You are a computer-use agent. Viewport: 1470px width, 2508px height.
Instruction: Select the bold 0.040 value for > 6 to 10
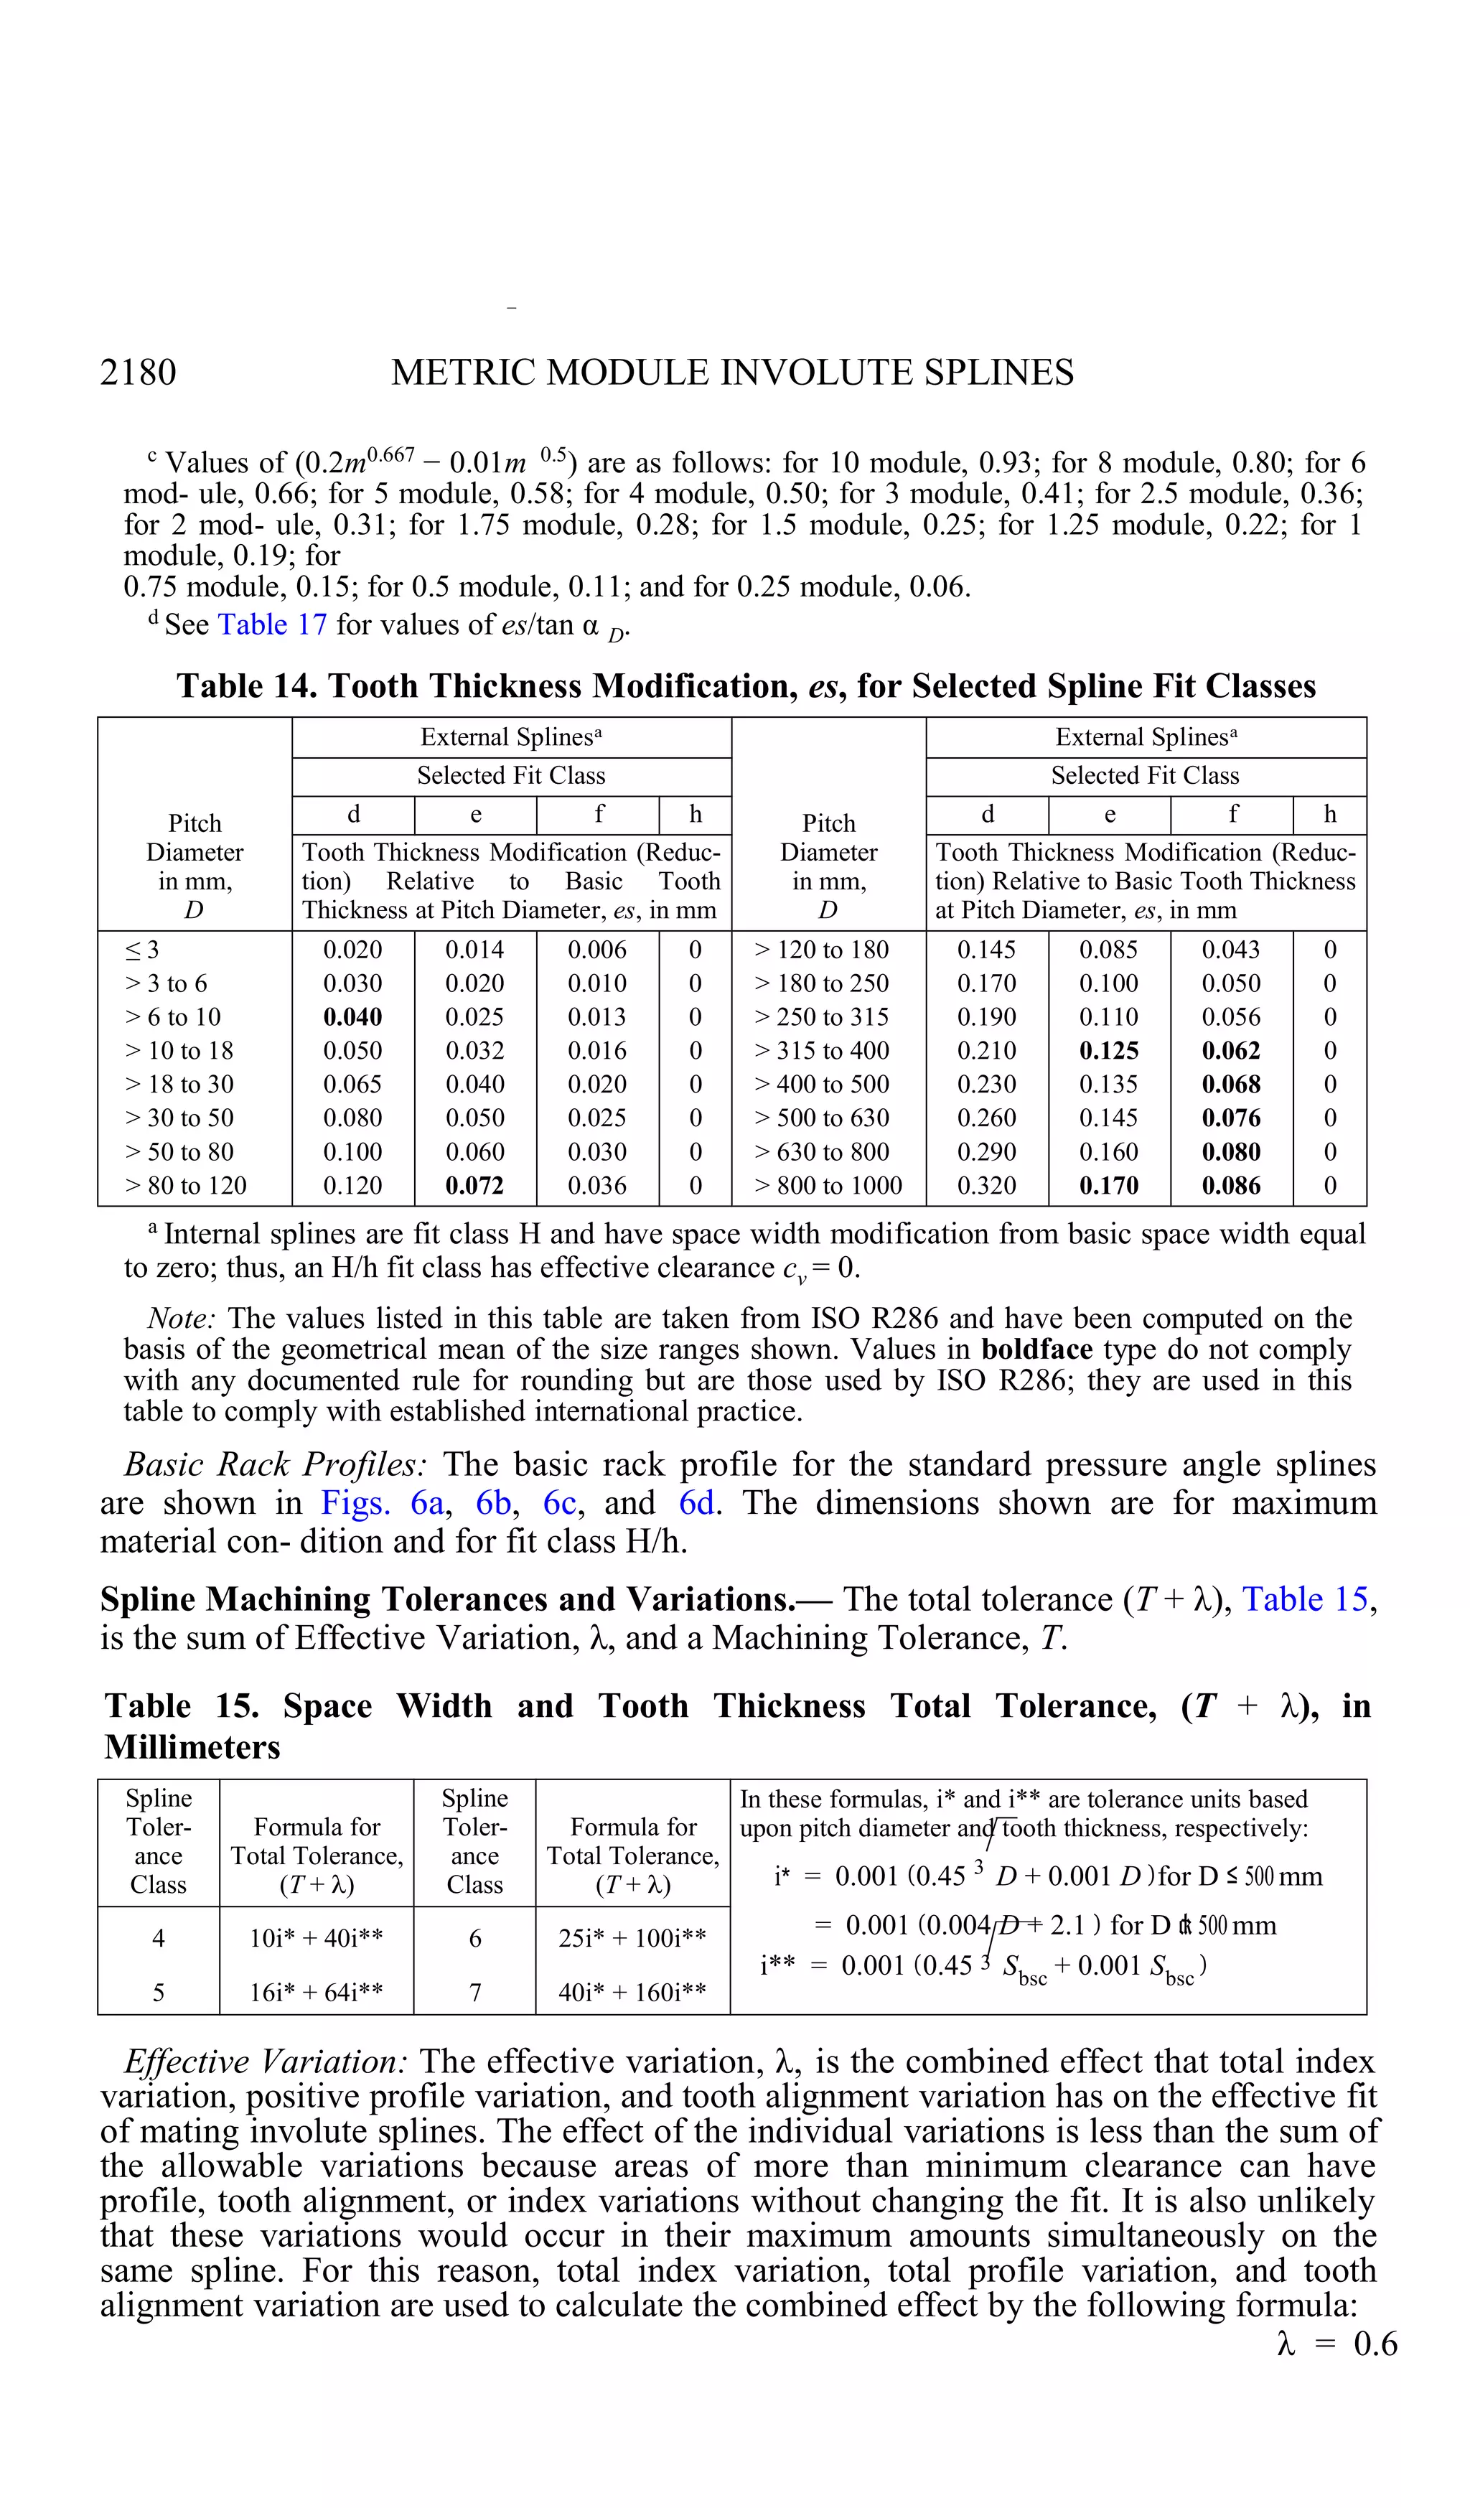(x=352, y=1016)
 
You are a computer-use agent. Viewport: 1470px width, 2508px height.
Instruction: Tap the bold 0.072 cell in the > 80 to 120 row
(x=474, y=1185)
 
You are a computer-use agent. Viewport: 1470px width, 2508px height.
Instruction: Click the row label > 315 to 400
(x=822, y=1050)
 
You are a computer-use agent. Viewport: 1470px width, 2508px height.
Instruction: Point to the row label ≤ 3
(x=141, y=950)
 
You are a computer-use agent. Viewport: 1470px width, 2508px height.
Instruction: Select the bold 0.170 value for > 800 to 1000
(x=1109, y=1185)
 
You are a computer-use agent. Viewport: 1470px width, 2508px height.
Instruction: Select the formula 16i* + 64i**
(x=316, y=1991)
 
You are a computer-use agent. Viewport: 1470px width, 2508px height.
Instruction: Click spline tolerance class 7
(x=474, y=1991)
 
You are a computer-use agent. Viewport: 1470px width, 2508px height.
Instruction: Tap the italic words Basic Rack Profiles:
(x=276, y=1464)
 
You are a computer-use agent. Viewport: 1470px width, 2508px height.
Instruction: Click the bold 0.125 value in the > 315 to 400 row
(x=1109, y=1050)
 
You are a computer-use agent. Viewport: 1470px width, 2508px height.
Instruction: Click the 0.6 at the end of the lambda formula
(x=1375, y=2344)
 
